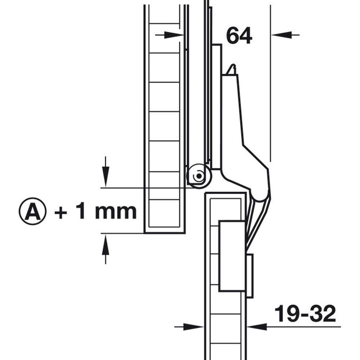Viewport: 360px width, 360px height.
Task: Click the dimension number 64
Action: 239,36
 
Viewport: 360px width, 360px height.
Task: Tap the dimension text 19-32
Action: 305,314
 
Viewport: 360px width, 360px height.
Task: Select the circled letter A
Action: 32,211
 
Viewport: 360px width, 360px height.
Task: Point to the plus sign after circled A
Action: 61,212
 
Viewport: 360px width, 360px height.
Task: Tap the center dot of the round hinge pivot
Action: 199,176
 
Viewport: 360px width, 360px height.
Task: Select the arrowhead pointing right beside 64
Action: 174,35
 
